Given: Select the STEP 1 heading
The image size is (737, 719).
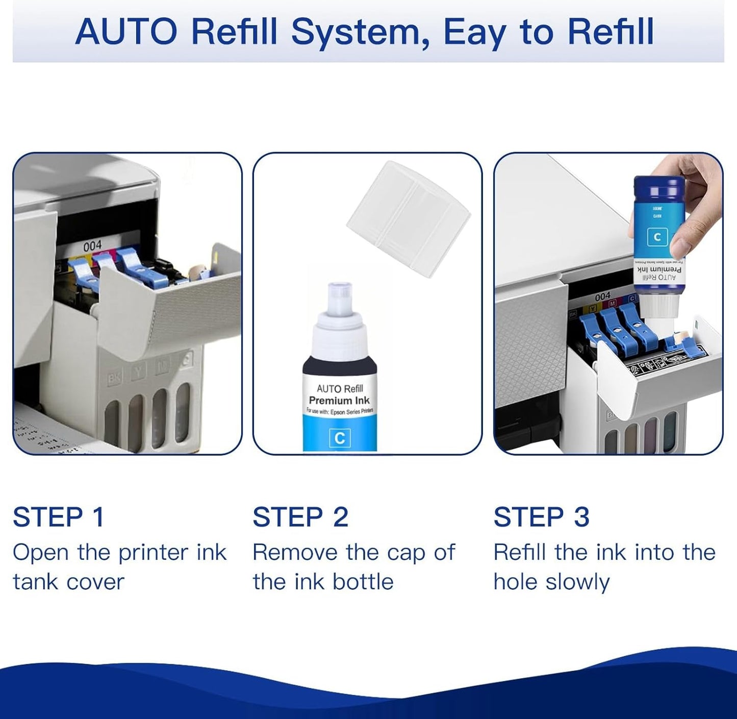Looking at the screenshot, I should [x=59, y=517].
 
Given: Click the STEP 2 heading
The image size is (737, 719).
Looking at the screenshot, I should [x=300, y=517].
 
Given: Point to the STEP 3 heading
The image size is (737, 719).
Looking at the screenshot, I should [x=541, y=517].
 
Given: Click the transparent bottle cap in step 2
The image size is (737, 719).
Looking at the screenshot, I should [x=408, y=218].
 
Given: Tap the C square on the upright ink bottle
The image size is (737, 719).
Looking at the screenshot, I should [x=340, y=438].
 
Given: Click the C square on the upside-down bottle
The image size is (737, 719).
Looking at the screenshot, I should [x=657, y=237].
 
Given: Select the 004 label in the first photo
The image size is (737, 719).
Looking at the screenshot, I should [x=92, y=246].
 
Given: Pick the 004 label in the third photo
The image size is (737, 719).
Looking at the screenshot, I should [x=602, y=296].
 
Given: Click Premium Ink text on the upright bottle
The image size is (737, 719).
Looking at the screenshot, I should [x=339, y=401].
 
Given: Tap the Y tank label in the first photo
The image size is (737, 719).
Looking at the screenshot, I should [x=138, y=372].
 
